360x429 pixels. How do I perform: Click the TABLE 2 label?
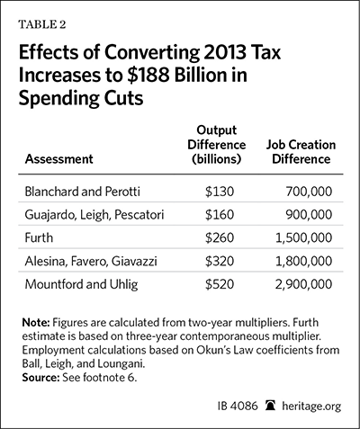click(42, 24)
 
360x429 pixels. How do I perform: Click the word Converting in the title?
click(151, 53)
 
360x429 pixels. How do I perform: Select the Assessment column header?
click(59, 158)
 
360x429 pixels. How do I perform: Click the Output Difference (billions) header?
click(217, 145)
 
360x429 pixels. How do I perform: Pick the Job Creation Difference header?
click(301, 152)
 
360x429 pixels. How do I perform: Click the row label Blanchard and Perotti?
click(83, 192)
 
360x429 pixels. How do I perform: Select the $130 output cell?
click(220, 192)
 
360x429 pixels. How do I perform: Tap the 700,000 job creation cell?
click(309, 192)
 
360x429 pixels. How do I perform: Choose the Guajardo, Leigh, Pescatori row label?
click(94, 215)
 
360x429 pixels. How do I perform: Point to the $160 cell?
click(220, 215)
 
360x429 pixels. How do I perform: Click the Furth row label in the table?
click(39, 237)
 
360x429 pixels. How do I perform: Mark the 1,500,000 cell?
click(304, 237)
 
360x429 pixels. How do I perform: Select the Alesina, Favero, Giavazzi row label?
click(91, 261)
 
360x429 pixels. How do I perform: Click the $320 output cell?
click(220, 261)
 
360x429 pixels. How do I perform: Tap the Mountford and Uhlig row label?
click(81, 284)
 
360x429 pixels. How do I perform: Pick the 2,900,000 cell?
click(304, 284)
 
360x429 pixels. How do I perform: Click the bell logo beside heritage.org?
click(270, 406)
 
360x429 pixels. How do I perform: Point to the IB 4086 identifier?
click(238, 406)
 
